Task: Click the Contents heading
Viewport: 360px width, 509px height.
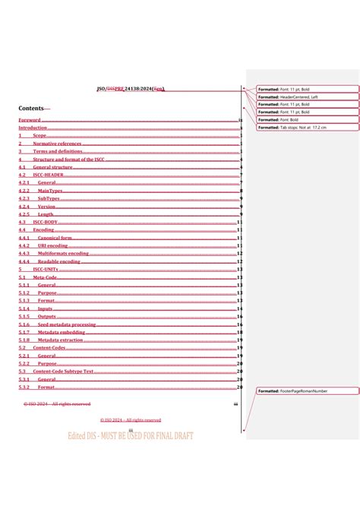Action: [x=34, y=109]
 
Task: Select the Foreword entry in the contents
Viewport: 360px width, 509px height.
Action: [x=30, y=120]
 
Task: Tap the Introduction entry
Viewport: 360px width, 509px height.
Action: [x=33, y=128]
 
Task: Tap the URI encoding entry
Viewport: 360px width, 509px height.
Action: [x=58, y=245]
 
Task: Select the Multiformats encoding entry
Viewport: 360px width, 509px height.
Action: [x=68, y=254]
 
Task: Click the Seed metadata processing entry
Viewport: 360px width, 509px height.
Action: [x=71, y=324]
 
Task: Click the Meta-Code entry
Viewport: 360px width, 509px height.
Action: [x=46, y=277]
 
